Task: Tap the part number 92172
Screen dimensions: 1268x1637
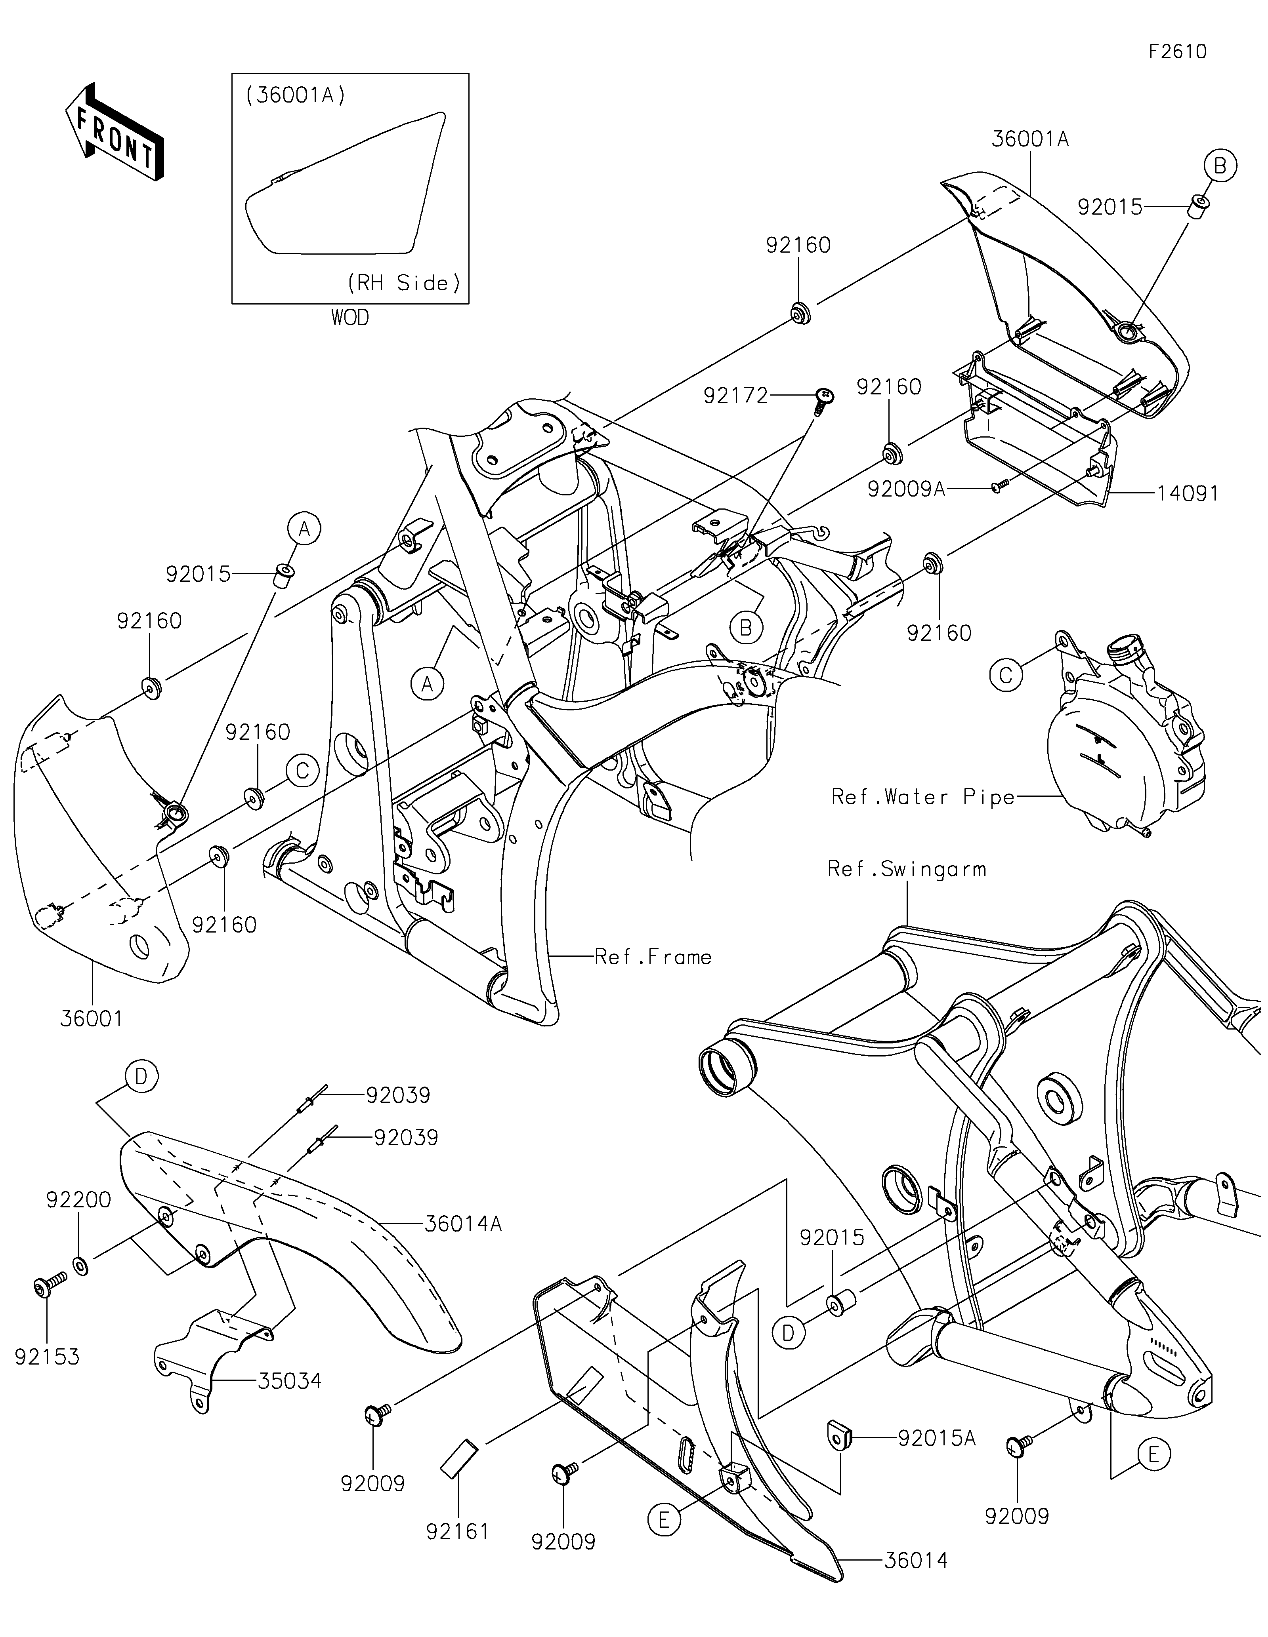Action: coord(735,395)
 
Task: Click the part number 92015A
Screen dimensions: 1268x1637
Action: coord(937,1437)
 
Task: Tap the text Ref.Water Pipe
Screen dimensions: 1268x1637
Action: coord(923,797)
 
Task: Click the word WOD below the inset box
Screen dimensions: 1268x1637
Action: coord(350,318)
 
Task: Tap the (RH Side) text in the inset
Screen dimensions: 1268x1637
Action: coord(403,283)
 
